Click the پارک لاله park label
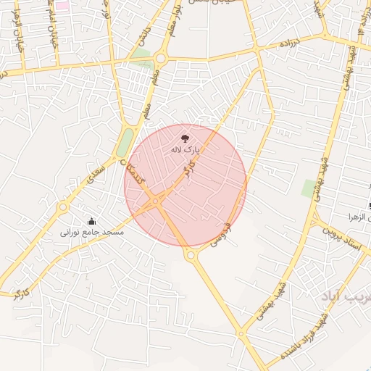(x=184, y=149)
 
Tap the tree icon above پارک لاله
(x=184, y=136)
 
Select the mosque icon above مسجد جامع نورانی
(x=91, y=221)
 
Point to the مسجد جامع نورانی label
(x=91, y=233)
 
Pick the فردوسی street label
(x=220, y=235)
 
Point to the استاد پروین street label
(x=346, y=238)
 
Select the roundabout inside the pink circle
(x=156, y=201)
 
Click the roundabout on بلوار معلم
(x=160, y=58)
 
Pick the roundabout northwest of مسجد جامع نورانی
(x=64, y=207)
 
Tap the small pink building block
(x=62, y=6)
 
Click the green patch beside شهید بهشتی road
(x=309, y=188)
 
